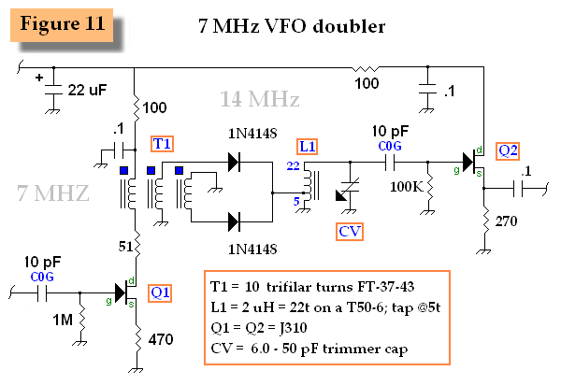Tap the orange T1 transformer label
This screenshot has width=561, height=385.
[x=163, y=143]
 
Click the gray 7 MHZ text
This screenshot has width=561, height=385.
[x=53, y=193]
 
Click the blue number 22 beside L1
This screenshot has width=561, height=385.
[x=293, y=165]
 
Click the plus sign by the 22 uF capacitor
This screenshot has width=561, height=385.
[x=40, y=78]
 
